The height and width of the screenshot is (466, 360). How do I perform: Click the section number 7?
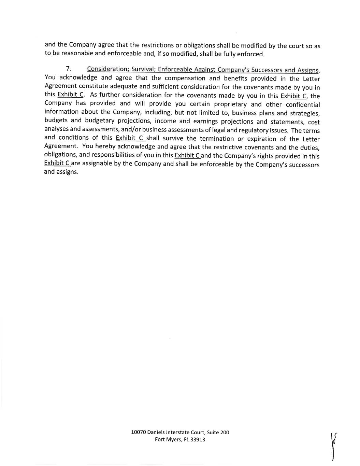pos(68,69)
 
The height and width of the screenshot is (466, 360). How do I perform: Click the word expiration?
pos(261,139)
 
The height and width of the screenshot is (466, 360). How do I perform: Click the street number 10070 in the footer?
pos(139,432)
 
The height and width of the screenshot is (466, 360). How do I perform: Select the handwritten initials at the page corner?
pos(333,446)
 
